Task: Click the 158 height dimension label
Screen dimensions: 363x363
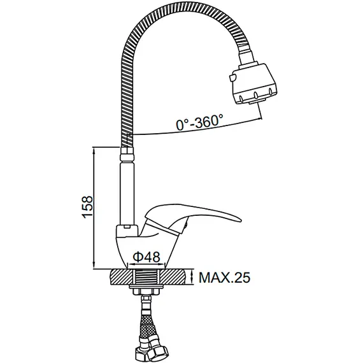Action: (x=87, y=207)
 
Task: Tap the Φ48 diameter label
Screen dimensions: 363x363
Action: (x=146, y=257)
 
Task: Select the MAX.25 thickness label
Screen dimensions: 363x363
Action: (x=225, y=277)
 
